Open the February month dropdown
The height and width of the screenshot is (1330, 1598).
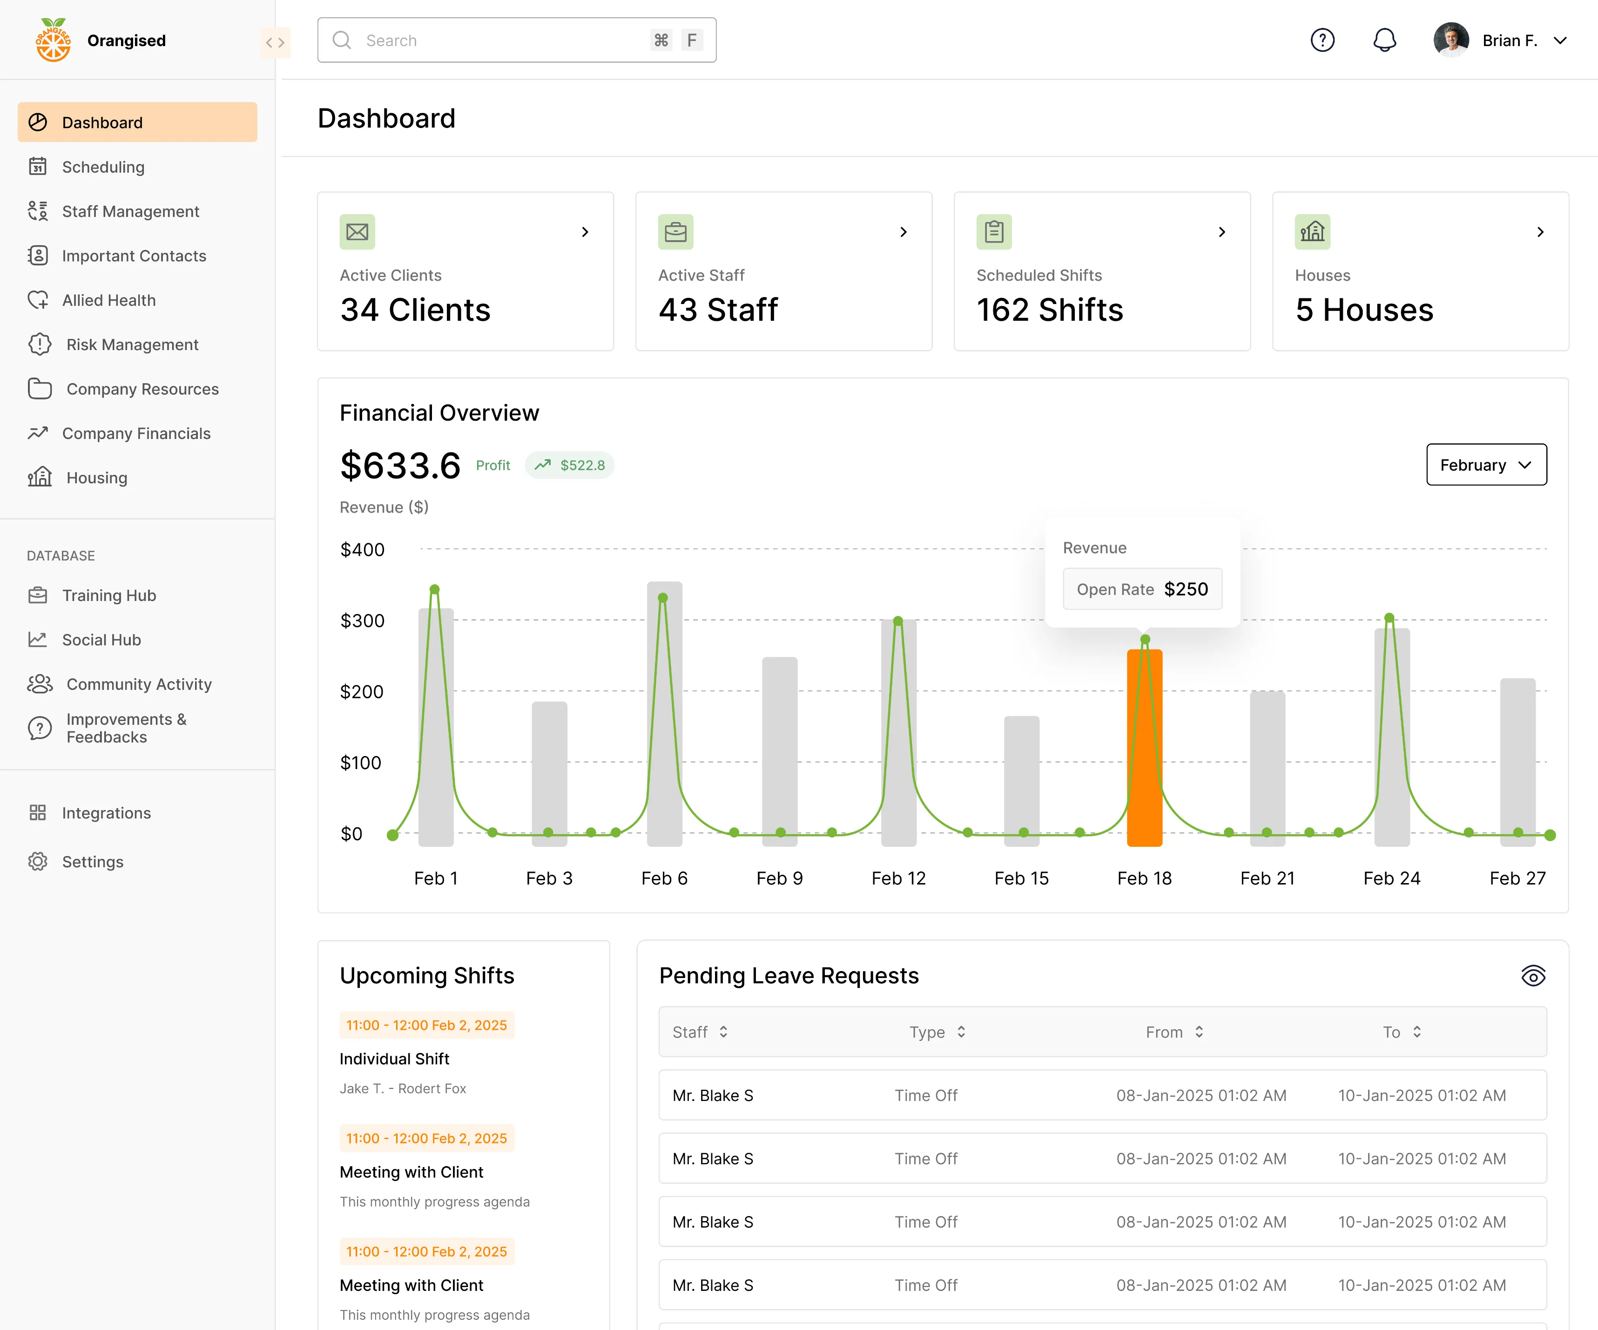click(x=1485, y=465)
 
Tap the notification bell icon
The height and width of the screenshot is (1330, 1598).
click(x=1384, y=41)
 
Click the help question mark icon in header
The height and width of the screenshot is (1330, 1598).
click(x=1322, y=41)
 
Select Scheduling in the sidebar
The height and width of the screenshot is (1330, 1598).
click(x=103, y=167)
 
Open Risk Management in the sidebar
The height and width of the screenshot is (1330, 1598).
click(x=132, y=344)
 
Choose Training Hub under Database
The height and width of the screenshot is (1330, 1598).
click(x=109, y=595)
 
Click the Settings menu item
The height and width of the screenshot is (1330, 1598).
click(x=92, y=861)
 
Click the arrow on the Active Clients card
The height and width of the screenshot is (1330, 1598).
click(x=584, y=232)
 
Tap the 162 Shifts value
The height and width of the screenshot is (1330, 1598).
click(x=1049, y=310)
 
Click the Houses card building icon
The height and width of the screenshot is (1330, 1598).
click(x=1312, y=232)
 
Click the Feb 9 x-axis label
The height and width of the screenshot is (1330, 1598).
click(x=779, y=878)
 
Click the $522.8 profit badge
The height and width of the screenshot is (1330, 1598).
click(x=570, y=465)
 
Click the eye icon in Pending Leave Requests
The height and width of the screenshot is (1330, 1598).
click(x=1532, y=975)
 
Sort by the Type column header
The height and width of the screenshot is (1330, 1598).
click(x=937, y=1032)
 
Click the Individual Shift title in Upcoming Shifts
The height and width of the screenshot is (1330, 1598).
click(x=394, y=1059)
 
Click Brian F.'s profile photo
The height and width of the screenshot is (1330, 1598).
click(x=1450, y=41)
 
